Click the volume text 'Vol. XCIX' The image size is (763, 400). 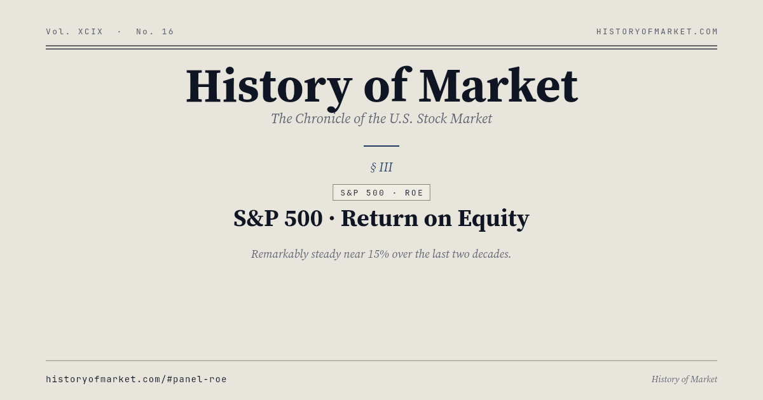[x=74, y=32]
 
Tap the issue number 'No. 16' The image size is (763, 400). [x=155, y=32]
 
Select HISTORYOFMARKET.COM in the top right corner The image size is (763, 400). [x=657, y=32]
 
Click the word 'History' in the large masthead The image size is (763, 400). [x=268, y=86]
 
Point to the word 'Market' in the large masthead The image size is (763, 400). [x=498, y=86]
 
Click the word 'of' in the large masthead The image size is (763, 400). [x=385, y=86]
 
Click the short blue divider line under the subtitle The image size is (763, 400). [x=381, y=146]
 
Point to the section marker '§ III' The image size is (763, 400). [x=381, y=168]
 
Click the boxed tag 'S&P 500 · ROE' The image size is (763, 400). [x=381, y=193]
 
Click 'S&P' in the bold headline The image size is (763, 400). [x=256, y=218]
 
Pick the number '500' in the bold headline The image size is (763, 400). [x=303, y=218]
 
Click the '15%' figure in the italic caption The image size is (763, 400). [x=378, y=254]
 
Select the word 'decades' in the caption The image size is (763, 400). [x=489, y=254]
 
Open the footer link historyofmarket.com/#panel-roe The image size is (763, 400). [x=136, y=380]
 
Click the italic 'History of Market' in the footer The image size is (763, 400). [x=684, y=380]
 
